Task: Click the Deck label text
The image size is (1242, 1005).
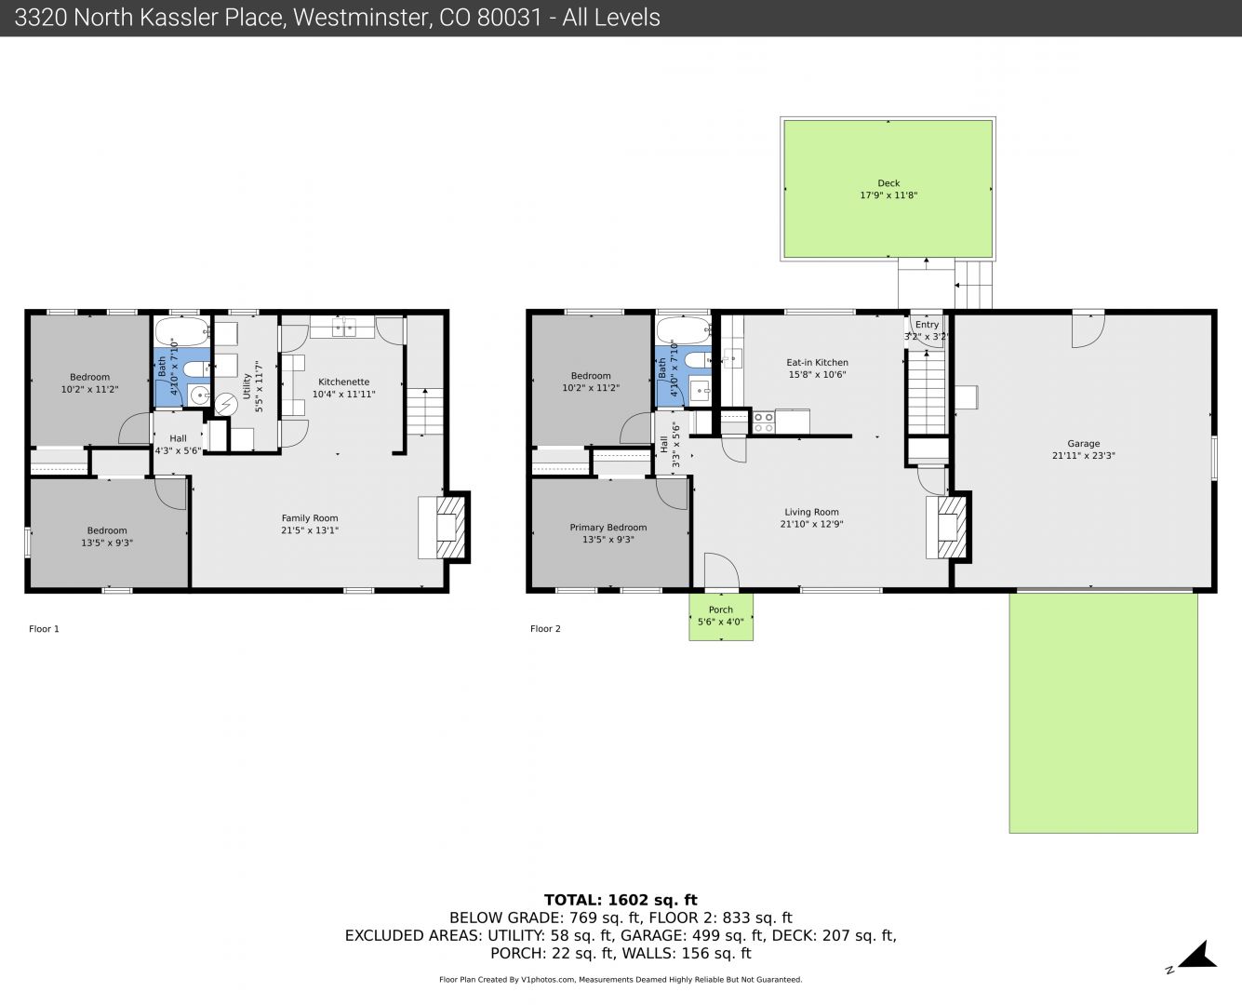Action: [888, 183]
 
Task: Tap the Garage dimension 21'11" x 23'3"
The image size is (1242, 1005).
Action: [1084, 456]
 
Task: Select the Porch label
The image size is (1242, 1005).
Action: [721, 610]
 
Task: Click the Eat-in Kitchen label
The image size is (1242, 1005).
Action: [817, 362]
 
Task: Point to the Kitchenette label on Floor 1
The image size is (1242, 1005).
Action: [343, 382]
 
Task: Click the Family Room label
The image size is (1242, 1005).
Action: [310, 518]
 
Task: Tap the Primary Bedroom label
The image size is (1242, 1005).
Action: [608, 528]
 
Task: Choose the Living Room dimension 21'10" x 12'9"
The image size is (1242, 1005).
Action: [811, 524]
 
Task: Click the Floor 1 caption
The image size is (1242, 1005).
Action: [44, 629]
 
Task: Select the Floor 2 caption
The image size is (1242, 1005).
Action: [545, 629]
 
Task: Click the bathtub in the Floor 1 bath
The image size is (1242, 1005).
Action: [182, 331]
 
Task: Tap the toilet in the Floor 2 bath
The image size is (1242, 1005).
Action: [696, 360]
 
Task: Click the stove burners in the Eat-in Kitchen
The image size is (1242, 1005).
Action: [763, 422]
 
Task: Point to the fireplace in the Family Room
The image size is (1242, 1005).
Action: [450, 528]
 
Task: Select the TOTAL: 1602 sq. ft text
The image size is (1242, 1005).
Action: [621, 900]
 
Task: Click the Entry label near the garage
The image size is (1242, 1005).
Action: [927, 325]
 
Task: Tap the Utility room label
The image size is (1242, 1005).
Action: [247, 386]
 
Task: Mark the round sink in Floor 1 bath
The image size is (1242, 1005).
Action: [199, 395]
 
